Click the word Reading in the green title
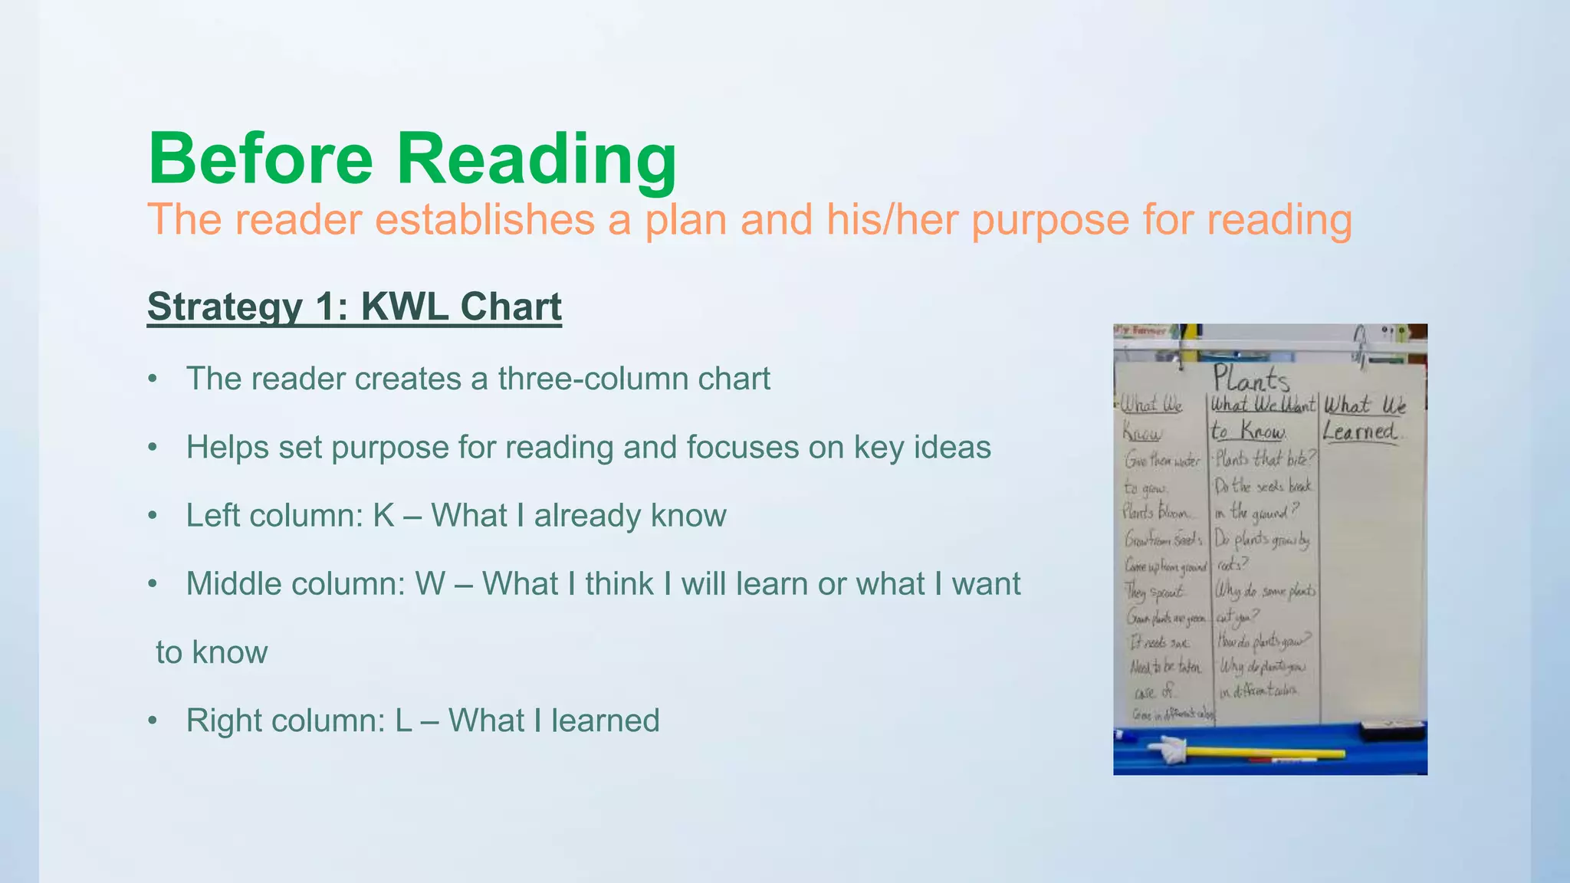pos(536,159)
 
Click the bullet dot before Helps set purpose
pos(153,448)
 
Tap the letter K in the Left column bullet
pos(383,516)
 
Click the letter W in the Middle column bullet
pos(430,584)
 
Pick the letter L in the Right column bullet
pos(404,721)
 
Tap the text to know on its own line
pos(212,652)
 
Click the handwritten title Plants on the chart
pos(1250,379)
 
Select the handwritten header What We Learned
pos(1364,418)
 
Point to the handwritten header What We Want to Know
pos(1261,418)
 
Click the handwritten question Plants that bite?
pos(1265,459)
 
